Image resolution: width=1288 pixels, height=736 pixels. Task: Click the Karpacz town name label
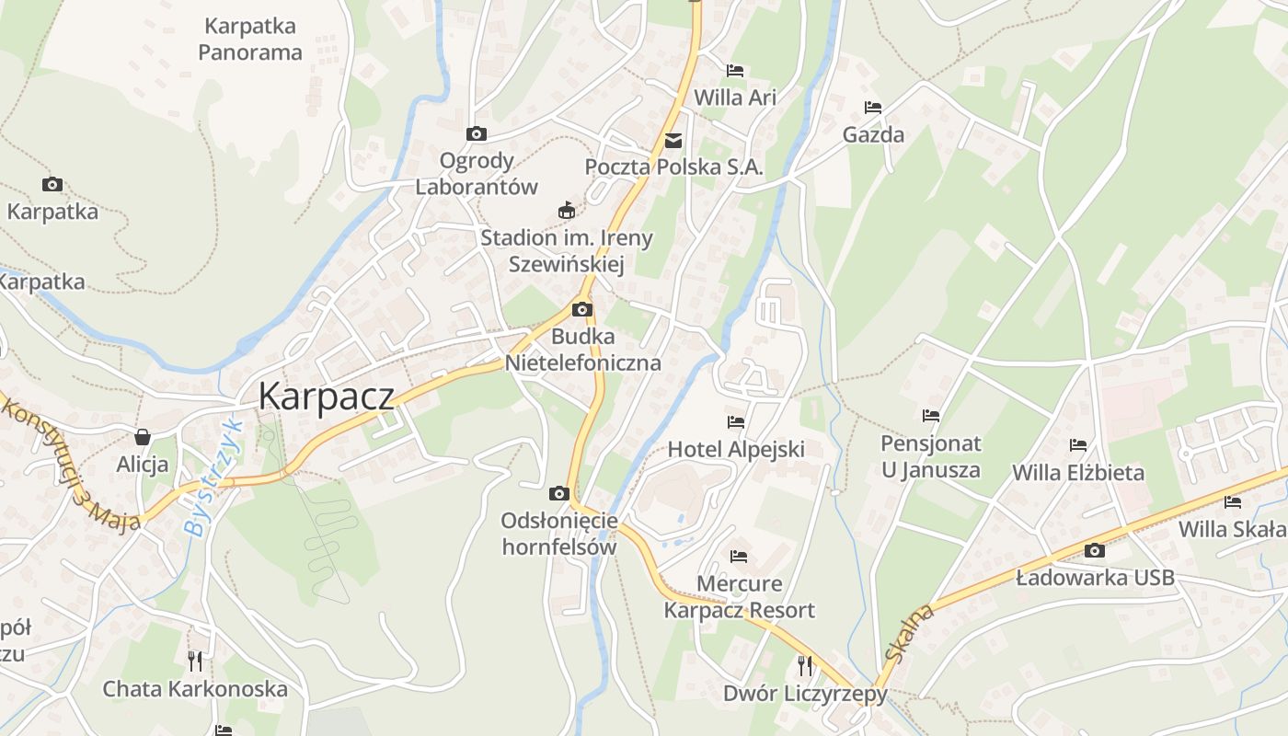point(327,396)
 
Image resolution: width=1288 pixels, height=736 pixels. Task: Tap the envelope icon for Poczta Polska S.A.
point(674,140)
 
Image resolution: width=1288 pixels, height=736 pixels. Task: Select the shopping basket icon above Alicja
point(143,436)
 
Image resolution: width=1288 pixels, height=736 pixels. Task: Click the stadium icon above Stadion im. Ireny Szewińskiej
point(567,211)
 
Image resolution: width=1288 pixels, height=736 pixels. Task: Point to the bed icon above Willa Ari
point(735,70)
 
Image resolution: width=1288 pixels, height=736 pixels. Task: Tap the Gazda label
point(873,134)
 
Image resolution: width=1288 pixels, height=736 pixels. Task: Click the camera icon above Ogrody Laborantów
point(477,133)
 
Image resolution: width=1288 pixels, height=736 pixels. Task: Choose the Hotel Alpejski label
point(735,449)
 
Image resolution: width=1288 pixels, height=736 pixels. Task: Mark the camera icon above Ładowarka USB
point(1095,550)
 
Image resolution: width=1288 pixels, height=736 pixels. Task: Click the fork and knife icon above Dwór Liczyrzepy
point(805,664)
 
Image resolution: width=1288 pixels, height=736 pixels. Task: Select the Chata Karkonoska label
point(195,688)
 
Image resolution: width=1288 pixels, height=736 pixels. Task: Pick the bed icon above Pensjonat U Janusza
point(931,416)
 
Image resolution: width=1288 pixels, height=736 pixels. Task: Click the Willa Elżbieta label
point(1078,473)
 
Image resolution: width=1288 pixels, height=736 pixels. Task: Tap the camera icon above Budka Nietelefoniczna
point(582,309)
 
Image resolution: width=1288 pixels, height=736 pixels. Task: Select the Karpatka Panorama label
point(249,39)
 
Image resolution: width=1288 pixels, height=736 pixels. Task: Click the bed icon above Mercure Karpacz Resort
point(739,556)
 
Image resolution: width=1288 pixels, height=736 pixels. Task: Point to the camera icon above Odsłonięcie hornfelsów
point(558,493)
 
